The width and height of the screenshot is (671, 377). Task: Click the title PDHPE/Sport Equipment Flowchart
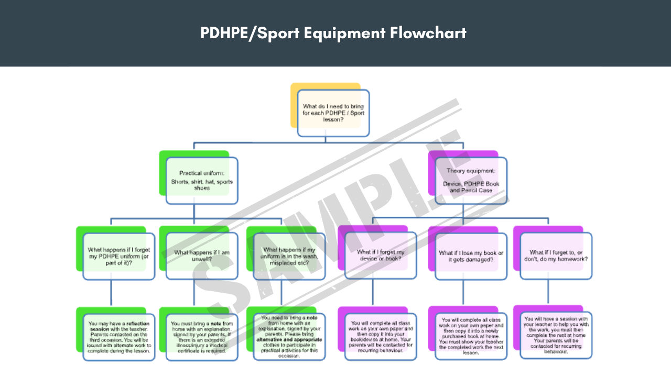[333, 33]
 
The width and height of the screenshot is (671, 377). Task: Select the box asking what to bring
[333, 113]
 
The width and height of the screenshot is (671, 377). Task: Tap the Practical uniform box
[202, 181]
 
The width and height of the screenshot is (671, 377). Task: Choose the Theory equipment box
[471, 181]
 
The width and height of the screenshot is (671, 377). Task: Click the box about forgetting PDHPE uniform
[119, 257]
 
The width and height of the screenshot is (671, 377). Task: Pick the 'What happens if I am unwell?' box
[202, 257]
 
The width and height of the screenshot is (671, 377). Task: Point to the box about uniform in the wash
[289, 257]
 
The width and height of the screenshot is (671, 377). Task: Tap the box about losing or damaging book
[471, 257]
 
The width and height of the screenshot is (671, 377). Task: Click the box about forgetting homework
[556, 256]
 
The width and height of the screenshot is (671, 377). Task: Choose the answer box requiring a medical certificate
[202, 337]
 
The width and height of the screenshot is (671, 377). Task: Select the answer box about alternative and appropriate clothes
[289, 337]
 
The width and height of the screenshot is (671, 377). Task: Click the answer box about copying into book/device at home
[381, 337]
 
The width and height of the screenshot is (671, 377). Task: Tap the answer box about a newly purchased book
[471, 336]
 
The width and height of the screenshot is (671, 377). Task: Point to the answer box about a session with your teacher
[556, 335]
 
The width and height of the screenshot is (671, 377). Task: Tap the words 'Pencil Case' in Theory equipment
[478, 191]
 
